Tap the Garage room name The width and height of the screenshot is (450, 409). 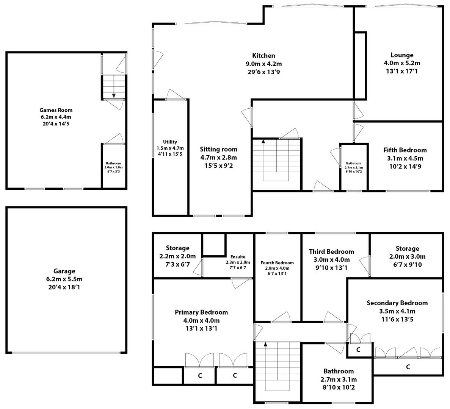pos(64,271)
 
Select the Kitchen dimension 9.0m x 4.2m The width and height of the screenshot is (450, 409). pos(263,64)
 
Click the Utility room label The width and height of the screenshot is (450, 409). pos(170,142)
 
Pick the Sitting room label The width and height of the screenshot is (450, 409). pos(218,149)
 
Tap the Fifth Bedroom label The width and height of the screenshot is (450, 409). pos(405,150)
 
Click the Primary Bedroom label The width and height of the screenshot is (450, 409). pos(201,312)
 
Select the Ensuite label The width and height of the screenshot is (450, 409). pos(238,257)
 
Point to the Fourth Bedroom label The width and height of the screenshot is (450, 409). pos(277,263)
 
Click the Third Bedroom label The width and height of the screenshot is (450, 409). pos(331,251)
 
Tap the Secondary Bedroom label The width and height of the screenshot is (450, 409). pos(397,303)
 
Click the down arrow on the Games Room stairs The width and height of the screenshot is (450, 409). pos(114,95)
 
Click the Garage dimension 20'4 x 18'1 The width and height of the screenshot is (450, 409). pos(64,287)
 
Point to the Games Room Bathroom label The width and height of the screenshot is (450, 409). pos(113,163)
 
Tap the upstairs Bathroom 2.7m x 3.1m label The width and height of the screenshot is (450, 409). pos(339,379)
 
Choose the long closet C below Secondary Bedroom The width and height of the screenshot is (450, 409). pos(408,367)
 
